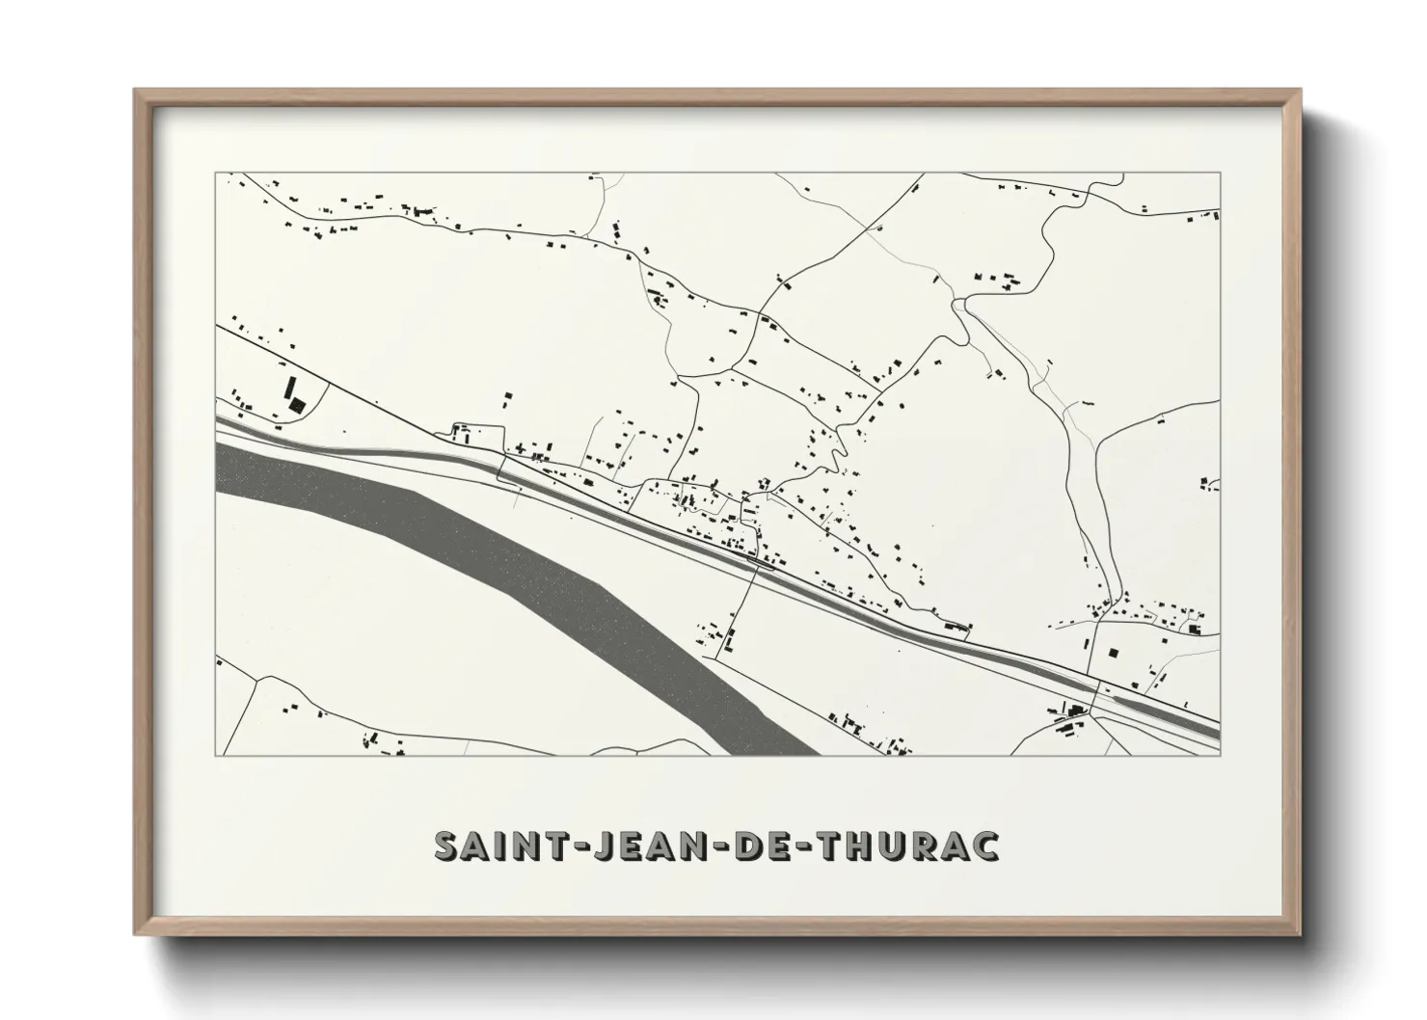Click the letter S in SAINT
(x=447, y=846)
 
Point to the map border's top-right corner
(x=1220, y=173)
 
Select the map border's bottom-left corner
(x=215, y=756)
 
